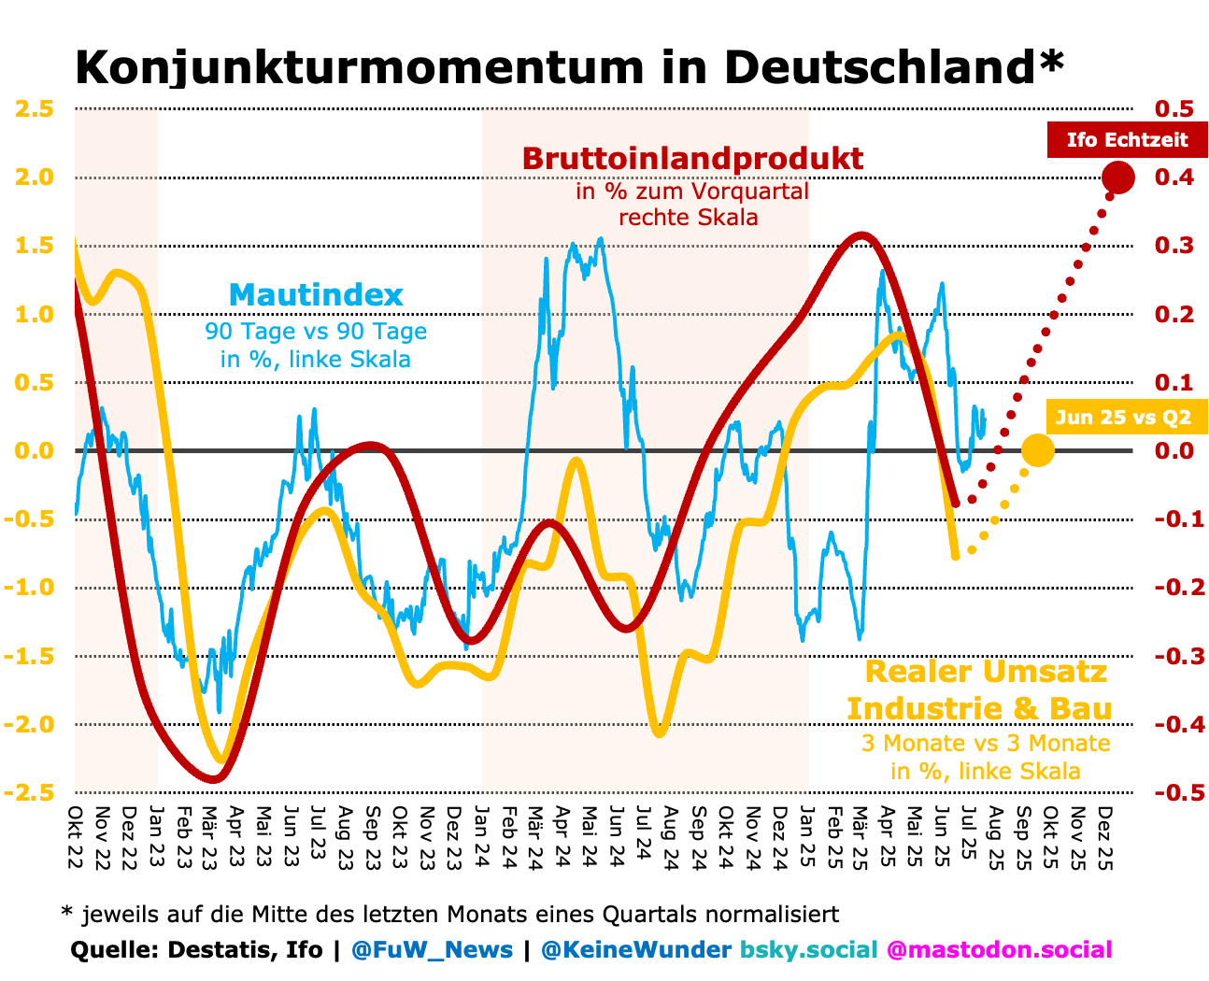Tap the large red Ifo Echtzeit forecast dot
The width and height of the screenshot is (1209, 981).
point(1117,177)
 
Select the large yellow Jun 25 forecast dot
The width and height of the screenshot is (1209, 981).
point(1037,450)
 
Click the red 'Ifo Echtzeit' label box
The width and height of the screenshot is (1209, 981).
point(1127,140)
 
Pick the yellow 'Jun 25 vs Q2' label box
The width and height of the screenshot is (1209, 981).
point(1123,417)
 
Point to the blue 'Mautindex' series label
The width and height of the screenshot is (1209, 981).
point(316,295)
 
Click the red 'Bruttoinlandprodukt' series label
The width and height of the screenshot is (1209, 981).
point(692,159)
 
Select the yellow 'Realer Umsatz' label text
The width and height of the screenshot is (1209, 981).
point(986,671)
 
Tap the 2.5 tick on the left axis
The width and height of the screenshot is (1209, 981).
point(34,108)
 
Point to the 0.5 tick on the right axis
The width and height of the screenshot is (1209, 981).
point(1174,108)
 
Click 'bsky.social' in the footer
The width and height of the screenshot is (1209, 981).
point(809,950)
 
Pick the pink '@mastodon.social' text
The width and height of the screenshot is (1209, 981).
point(999,950)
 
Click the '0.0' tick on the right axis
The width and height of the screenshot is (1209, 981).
point(1174,450)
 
